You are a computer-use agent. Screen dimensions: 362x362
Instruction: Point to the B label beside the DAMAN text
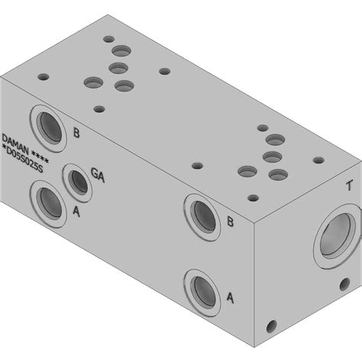coord(76,133)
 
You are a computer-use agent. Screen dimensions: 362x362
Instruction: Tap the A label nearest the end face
coord(230,298)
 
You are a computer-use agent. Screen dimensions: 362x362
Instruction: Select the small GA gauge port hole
coord(78,182)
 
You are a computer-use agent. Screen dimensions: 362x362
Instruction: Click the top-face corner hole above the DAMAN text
coord(44,77)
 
